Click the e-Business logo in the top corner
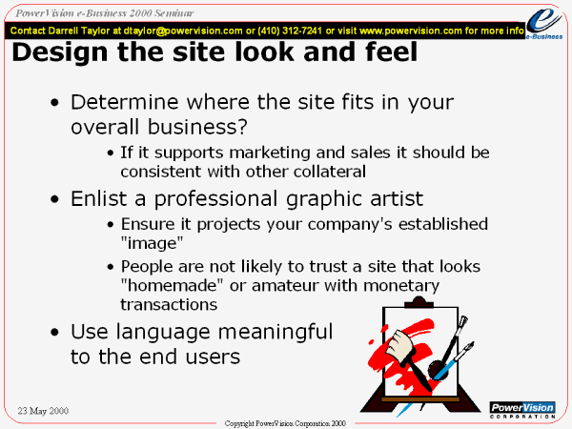544,23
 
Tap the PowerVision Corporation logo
522,410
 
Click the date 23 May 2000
43,411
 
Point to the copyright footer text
285,423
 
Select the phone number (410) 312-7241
290,31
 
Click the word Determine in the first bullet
124,102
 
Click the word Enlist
99,199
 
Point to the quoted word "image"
152,242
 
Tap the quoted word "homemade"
172,285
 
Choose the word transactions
169,305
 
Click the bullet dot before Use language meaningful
54,333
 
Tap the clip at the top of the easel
419,301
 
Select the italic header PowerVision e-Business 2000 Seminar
104,13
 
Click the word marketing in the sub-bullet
270,153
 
